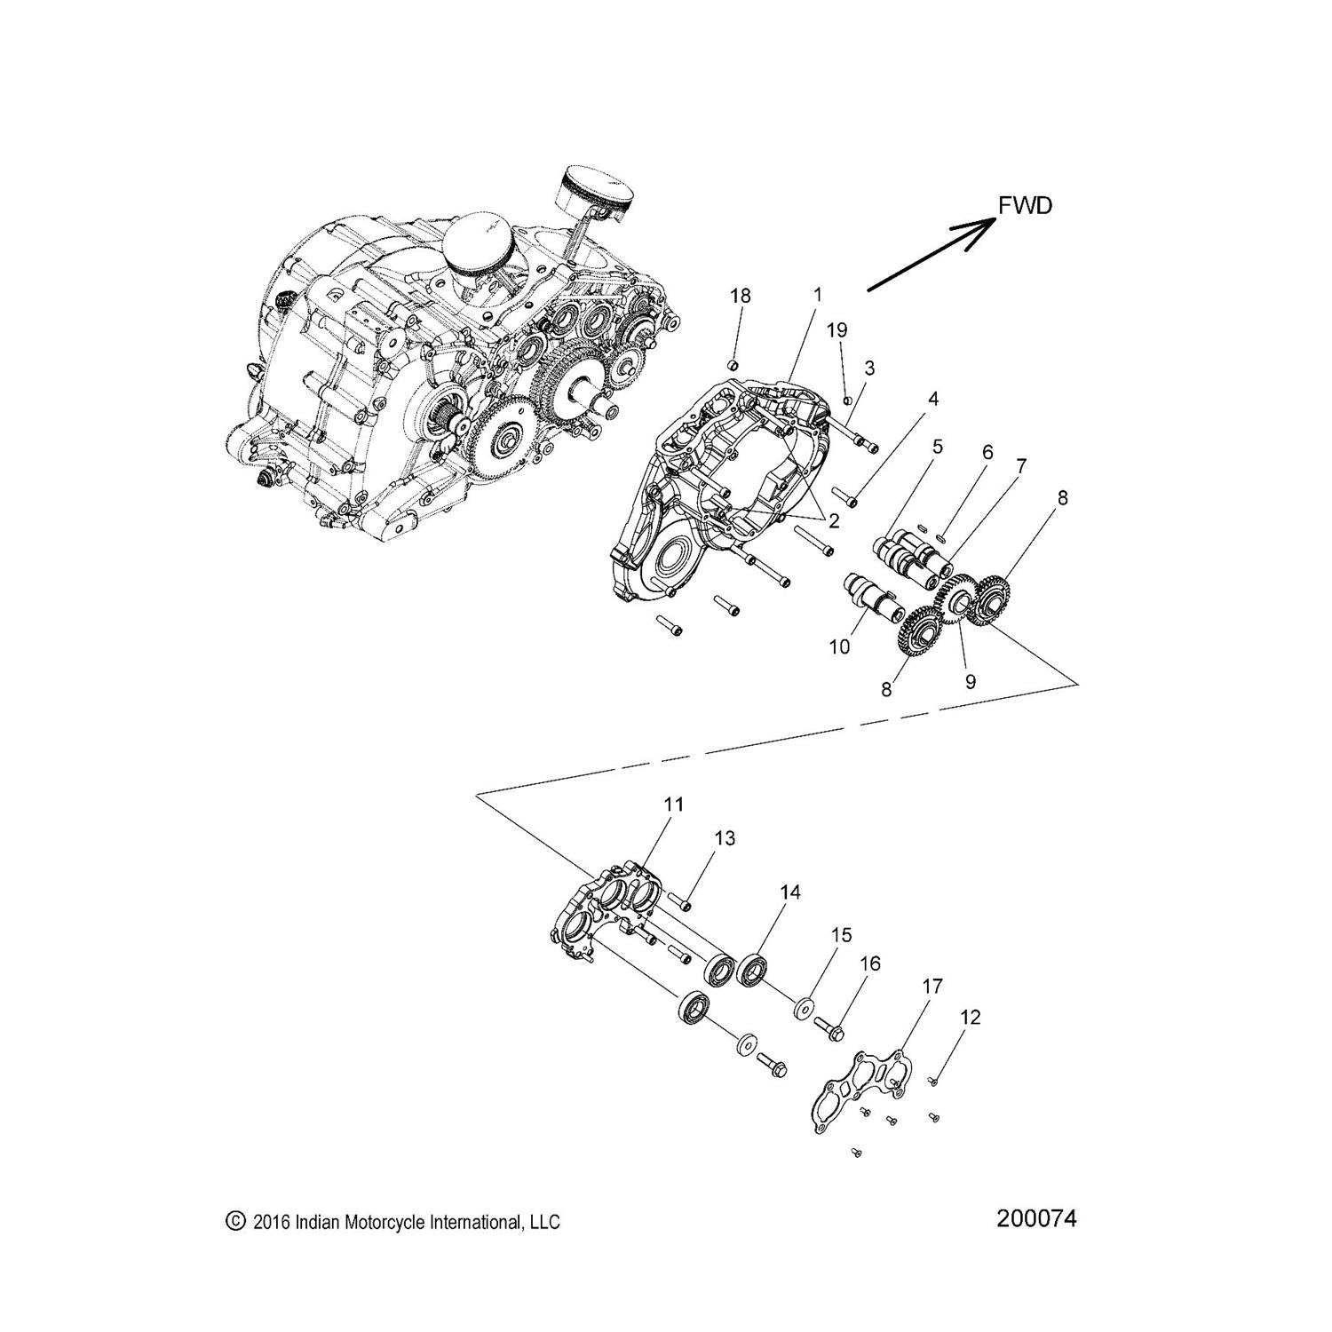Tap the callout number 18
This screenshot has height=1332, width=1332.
[741, 297]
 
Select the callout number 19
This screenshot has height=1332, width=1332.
[836, 330]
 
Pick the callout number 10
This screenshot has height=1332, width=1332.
[838, 646]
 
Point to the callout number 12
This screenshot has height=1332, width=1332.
[971, 1018]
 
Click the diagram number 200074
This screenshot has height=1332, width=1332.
[1036, 1219]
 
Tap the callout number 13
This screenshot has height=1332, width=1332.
[725, 838]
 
